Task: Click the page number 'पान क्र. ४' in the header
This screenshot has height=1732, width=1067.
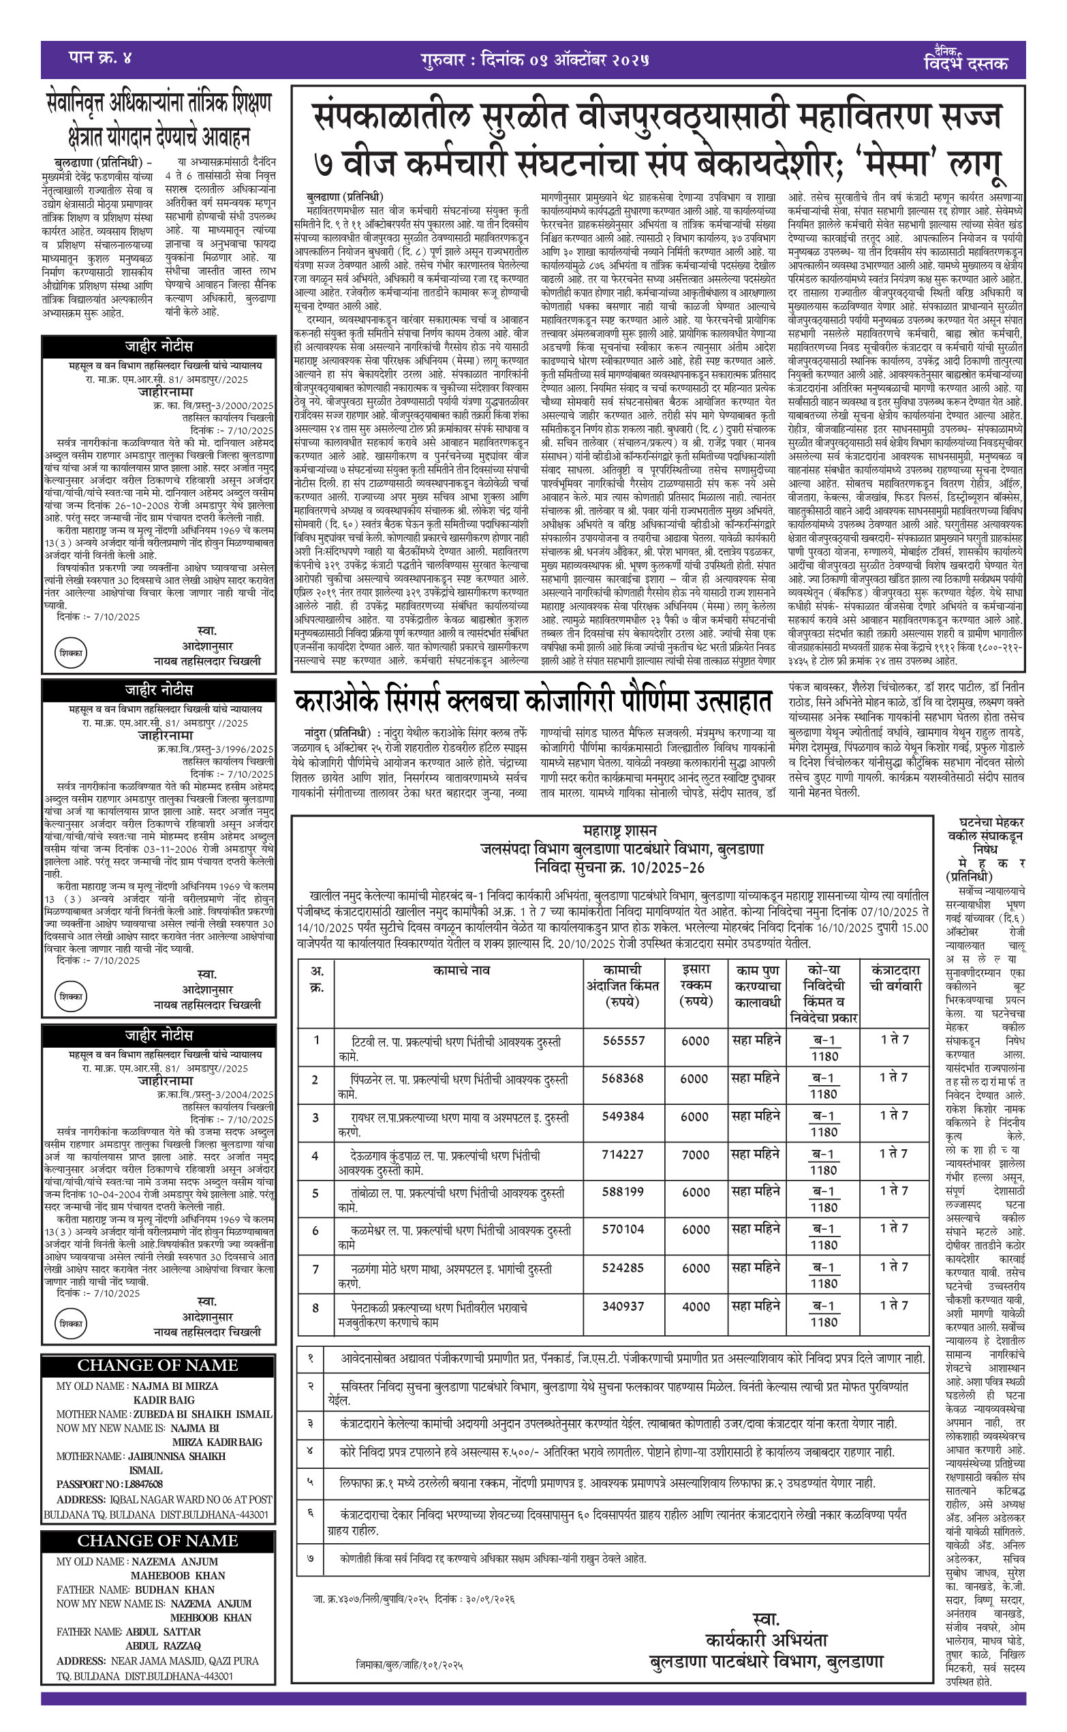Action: click(100, 57)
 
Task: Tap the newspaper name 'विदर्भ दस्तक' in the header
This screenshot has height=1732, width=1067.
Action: click(965, 63)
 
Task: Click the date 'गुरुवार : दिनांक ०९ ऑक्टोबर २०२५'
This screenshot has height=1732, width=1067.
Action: click(534, 59)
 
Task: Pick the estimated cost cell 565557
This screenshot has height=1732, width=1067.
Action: click(623, 1040)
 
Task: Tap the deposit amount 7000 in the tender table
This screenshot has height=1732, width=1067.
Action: click(695, 1155)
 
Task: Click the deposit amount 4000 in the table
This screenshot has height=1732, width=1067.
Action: click(695, 1307)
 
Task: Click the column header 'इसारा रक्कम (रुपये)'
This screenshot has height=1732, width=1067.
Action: click(696, 984)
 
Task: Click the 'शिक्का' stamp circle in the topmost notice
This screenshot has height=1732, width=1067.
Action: click(72, 653)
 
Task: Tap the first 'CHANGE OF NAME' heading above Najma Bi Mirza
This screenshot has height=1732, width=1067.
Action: click(157, 1365)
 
